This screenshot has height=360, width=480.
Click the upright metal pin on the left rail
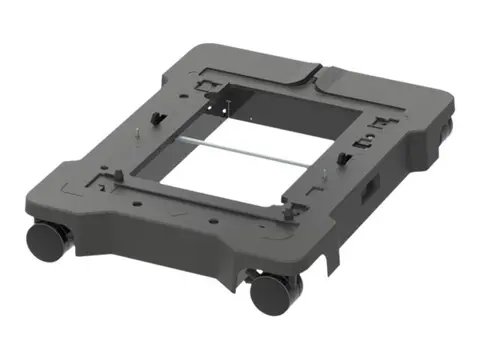(x=134, y=131)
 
